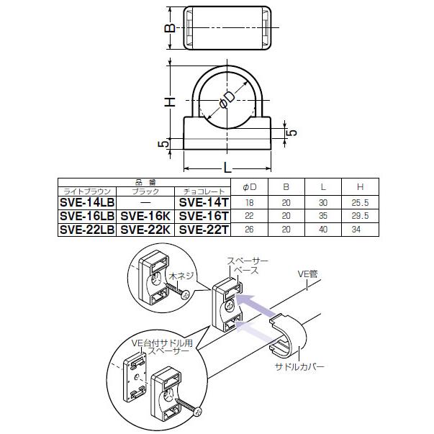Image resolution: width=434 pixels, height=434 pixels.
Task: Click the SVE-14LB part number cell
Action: (87, 203)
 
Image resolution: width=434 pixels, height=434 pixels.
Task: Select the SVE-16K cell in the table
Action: (145, 216)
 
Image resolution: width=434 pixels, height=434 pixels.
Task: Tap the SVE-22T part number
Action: (204, 230)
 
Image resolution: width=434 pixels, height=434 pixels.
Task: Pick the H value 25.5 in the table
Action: (360, 203)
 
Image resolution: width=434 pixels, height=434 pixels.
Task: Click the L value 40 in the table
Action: (323, 230)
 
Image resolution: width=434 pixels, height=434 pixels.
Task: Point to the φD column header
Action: (249, 187)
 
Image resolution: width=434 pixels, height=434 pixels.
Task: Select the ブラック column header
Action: (145, 191)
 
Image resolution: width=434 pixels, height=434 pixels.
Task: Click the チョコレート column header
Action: (204, 191)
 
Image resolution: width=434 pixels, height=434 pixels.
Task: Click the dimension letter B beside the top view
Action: (171, 28)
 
